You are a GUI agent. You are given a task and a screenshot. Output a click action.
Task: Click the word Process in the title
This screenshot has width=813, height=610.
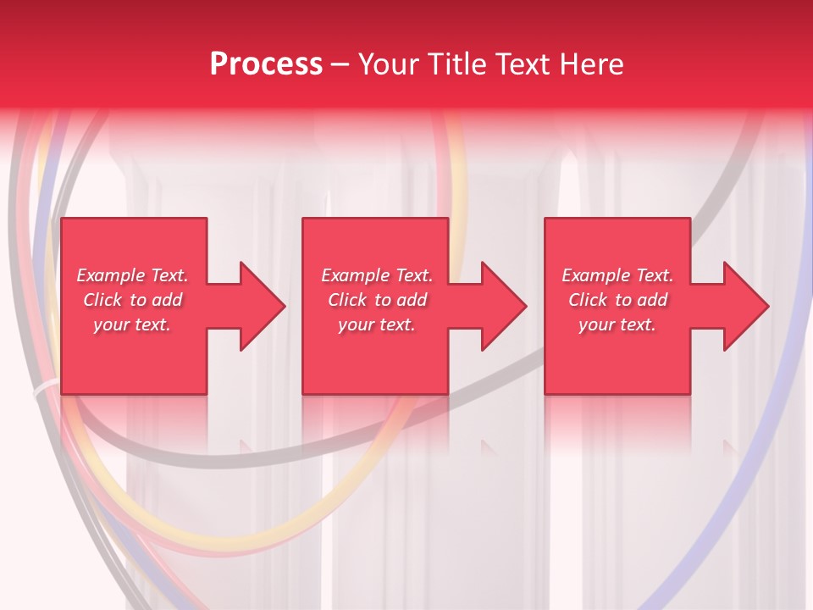[266, 64]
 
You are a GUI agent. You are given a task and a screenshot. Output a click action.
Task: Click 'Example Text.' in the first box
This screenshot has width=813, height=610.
[132, 275]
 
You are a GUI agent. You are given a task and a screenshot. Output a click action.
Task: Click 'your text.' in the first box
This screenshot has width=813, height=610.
[132, 324]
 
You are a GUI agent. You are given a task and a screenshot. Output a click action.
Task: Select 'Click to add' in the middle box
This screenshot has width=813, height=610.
[377, 300]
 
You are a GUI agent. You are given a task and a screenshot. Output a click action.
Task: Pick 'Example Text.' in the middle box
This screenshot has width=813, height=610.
[377, 275]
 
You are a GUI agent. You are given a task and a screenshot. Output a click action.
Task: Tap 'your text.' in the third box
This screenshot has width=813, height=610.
[617, 324]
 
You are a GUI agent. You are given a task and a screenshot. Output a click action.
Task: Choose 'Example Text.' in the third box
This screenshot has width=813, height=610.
[617, 275]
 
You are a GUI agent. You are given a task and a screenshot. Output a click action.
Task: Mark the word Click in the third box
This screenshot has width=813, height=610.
[588, 300]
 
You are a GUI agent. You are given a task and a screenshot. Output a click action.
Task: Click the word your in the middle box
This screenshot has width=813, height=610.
[355, 324]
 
